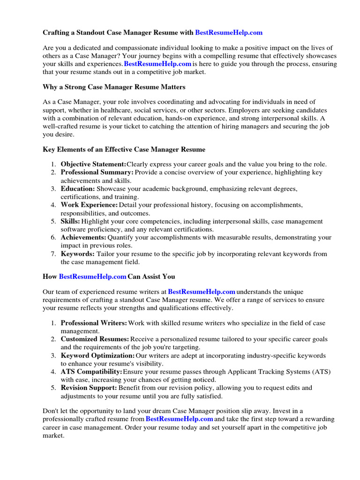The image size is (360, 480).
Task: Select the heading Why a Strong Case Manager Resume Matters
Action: click(114, 87)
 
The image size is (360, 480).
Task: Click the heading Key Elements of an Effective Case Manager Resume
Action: click(124, 150)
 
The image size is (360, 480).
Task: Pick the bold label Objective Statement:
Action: click(93, 164)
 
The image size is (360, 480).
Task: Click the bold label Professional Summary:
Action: click(97, 172)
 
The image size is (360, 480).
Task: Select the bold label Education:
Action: click(77, 188)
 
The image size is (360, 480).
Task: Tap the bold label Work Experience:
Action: click(89, 205)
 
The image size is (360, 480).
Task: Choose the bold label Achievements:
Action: click(83, 238)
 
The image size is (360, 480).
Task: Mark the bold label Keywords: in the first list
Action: click(77, 254)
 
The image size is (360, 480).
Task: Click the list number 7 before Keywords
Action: click(53, 254)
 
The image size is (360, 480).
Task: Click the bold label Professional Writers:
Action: click(94, 323)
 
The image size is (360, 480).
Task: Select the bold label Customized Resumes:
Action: click(95, 339)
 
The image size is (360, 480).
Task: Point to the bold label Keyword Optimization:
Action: click(97, 355)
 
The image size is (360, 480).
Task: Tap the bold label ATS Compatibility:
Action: click(91, 372)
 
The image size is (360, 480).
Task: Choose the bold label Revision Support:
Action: click(89, 388)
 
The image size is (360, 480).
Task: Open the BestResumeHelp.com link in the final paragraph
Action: click(180, 419)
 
